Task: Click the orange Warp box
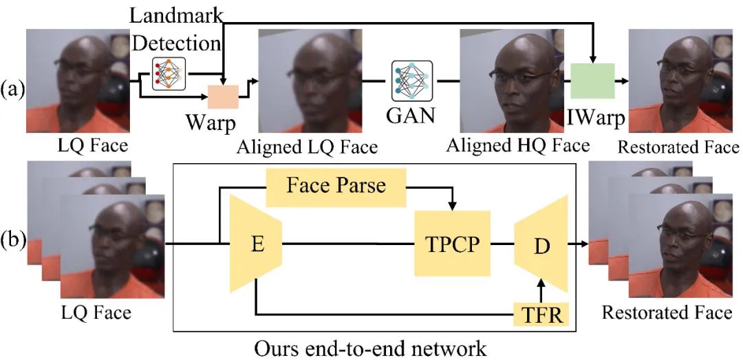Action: coord(223,97)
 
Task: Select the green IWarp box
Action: coord(592,81)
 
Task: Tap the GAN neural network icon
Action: coord(412,81)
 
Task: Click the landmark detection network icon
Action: coord(169,74)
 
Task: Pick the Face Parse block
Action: coord(336,187)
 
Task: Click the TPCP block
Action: coord(453,243)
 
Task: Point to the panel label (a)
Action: coord(12,89)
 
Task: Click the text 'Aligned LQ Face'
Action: coord(307,147)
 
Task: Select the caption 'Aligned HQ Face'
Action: coord(517,146)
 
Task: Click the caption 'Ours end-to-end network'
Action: coord(370,348)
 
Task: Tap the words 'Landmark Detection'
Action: coord(176,30)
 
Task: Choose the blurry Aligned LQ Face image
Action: coord(310,81)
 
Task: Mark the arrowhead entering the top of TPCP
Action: coord(453,206)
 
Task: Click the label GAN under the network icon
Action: coord(410,116)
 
